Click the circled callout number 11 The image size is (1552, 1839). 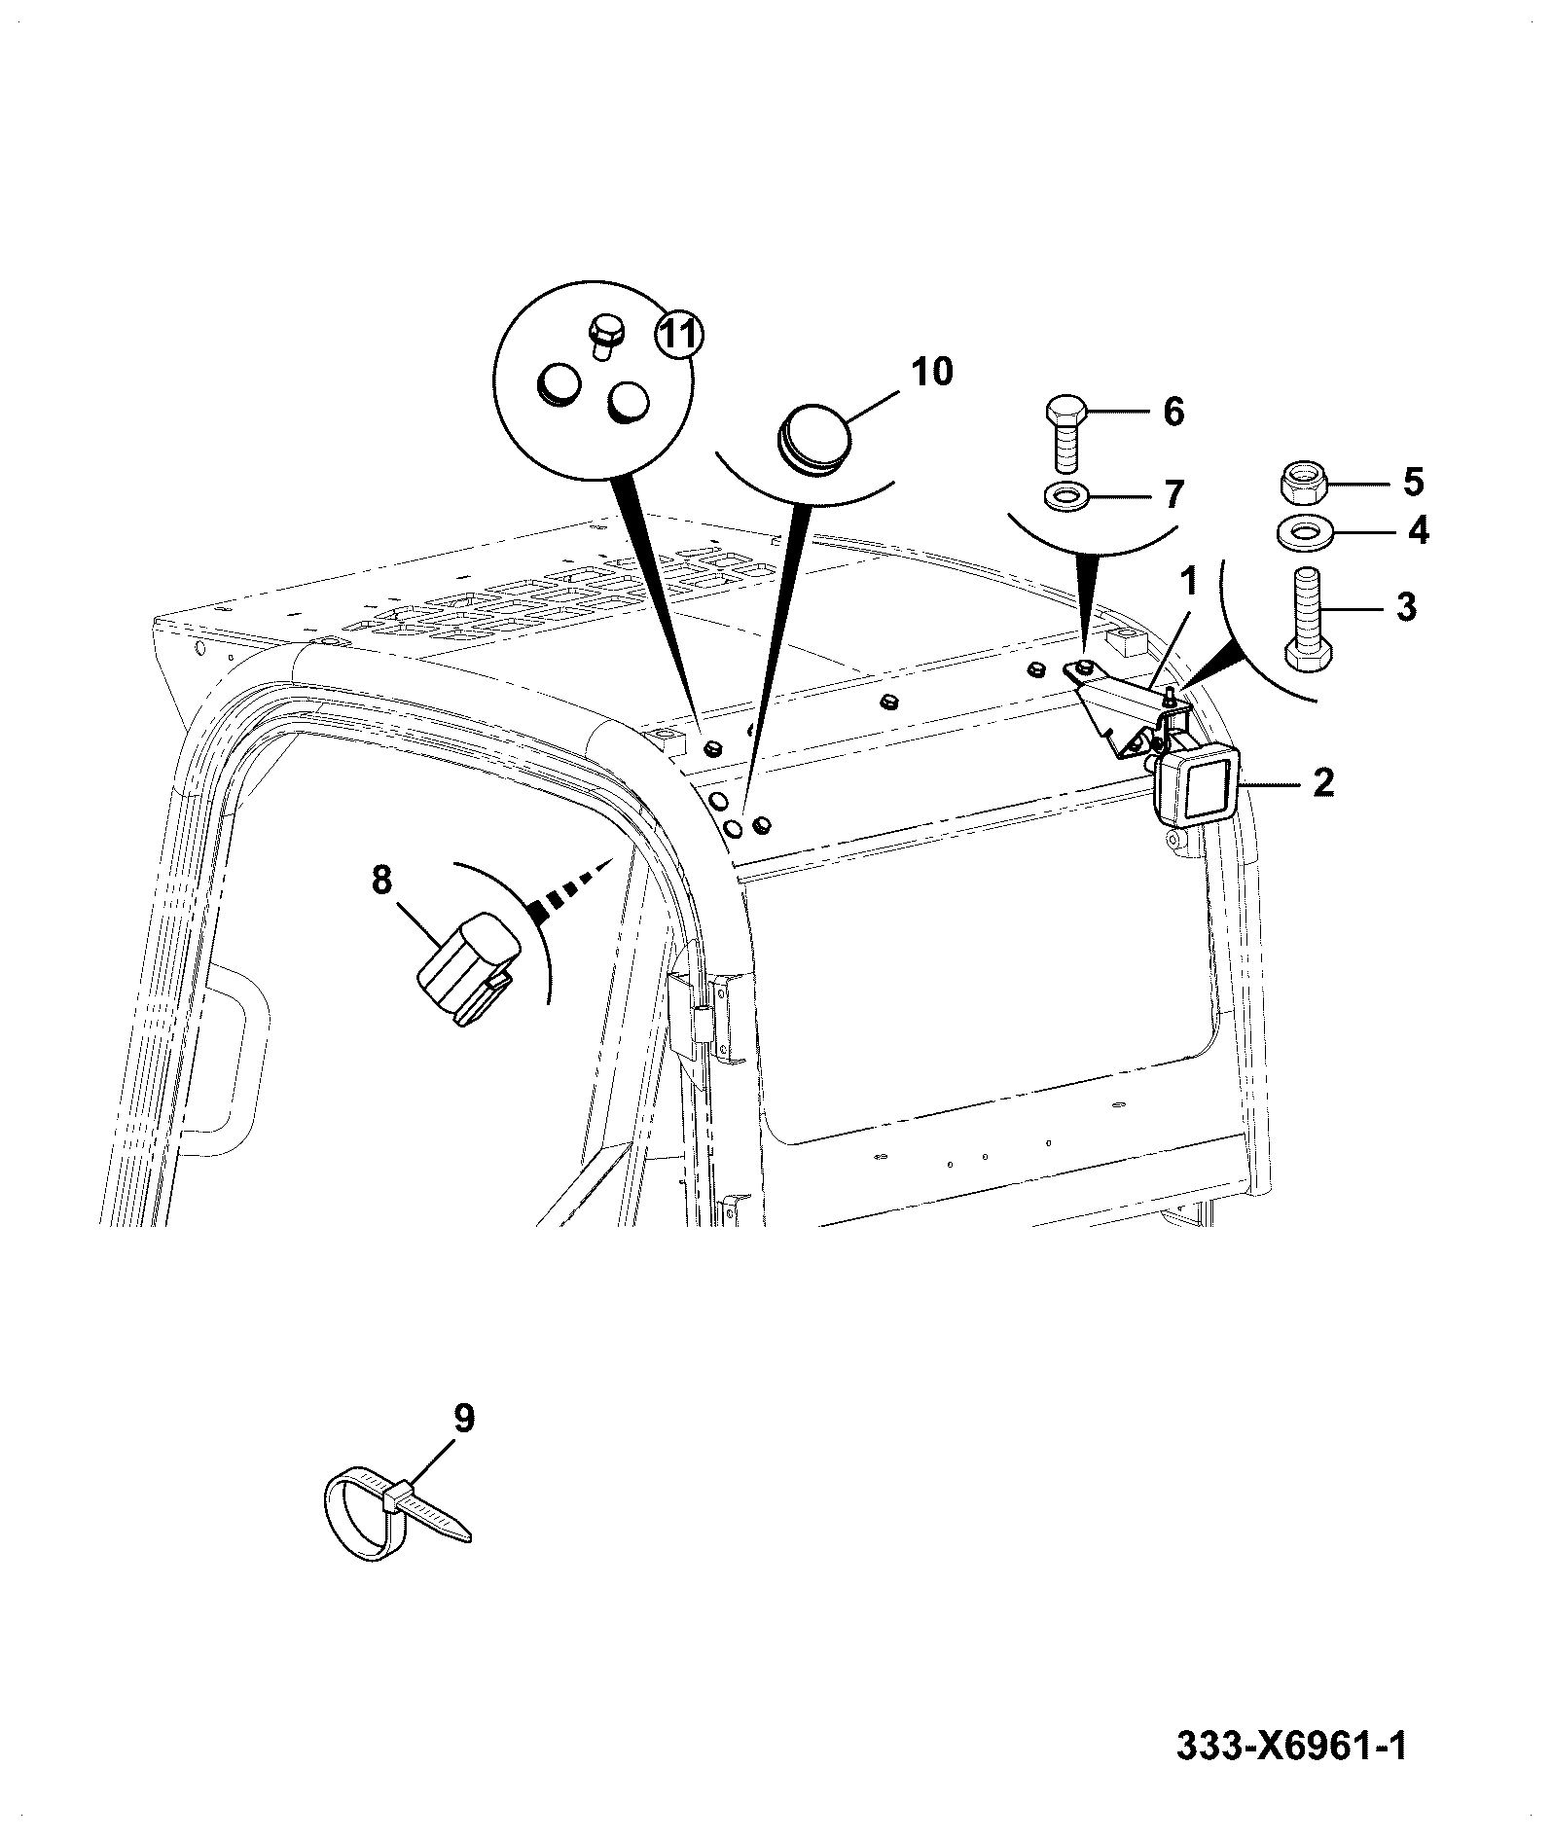pos(678,336)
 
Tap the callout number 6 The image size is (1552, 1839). pos(1173,412)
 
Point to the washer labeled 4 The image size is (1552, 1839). pos(1304,533)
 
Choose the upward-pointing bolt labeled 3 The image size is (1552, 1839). pos(1306,617)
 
